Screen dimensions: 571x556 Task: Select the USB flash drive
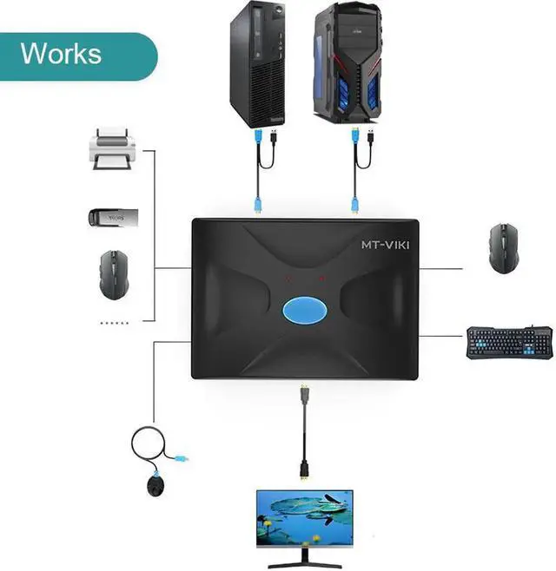click(x=110, y=216)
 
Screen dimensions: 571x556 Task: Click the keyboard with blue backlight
click(x=508, y=342)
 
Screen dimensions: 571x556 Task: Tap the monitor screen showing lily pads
click(x=304, y=515)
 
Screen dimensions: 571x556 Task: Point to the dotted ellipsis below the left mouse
click(x=115, y=322)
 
